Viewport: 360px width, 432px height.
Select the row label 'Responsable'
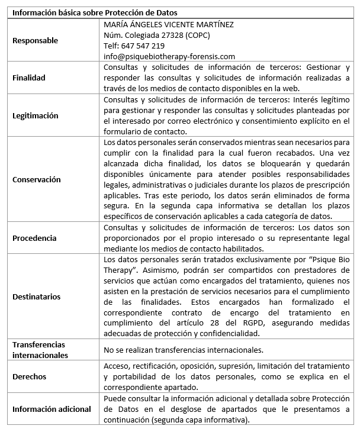tap(36, 41)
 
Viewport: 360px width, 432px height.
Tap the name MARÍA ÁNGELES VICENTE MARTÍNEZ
tap(169, 25)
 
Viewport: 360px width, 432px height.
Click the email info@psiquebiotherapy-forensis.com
tap(169, 57)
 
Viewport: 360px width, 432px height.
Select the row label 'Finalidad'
tap(29, 78)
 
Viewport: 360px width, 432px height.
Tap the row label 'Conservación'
tap(37, 179)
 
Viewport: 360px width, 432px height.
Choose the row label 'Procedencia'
tap(35, 238)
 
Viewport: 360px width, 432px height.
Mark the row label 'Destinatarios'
tap(37, 296)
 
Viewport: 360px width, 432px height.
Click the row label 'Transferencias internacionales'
tap(40, 350)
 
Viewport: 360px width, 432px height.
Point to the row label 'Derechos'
tap(30, 376)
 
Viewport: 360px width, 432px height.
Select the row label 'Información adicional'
tap(52, 409)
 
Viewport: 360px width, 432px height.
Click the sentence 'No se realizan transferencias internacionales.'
tap(184, 350)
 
